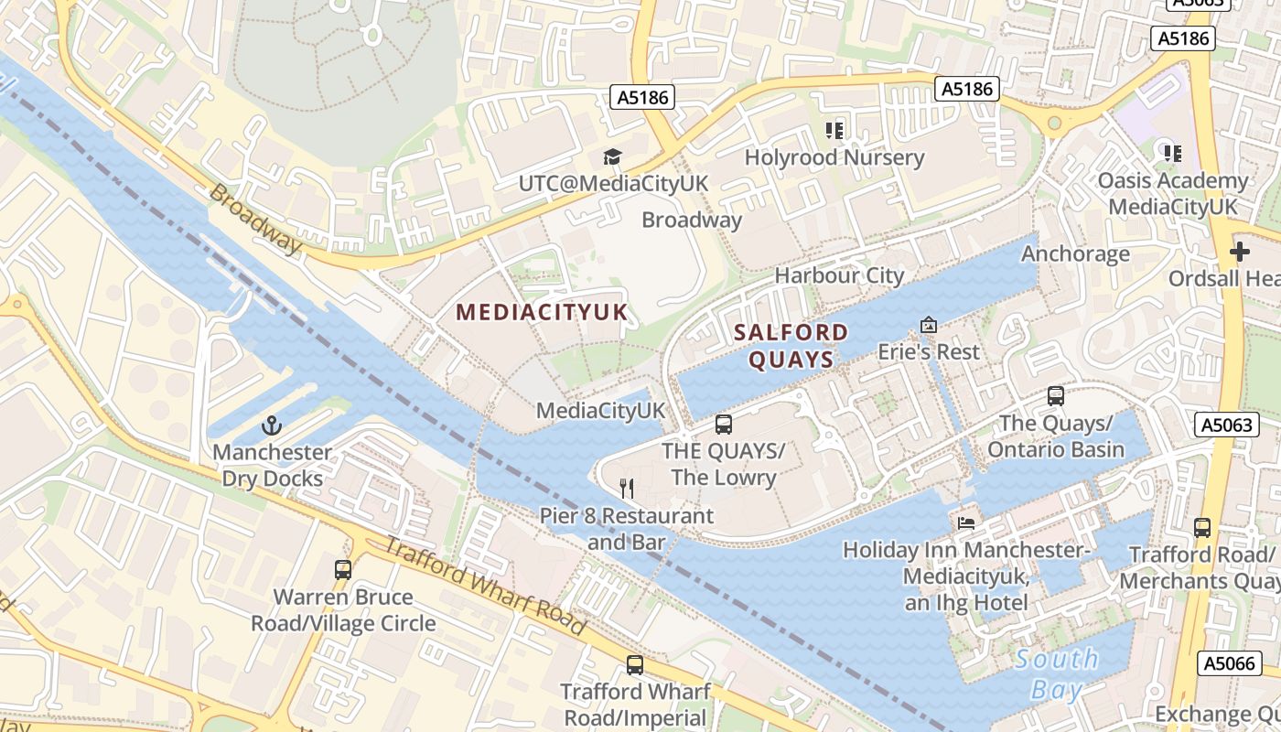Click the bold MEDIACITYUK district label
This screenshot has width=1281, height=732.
click(543, 312)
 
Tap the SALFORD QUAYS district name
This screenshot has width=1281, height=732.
click(791, 345)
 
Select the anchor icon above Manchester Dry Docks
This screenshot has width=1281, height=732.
click(272, 425)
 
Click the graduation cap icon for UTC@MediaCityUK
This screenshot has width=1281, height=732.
click(612, 157)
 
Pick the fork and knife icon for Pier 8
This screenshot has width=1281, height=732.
click(627, 489)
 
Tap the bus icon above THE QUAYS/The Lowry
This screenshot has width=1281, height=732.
click(724, 425)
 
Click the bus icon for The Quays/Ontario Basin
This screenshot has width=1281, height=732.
click(1055, 396)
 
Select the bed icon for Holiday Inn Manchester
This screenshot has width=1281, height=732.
click(966, 523)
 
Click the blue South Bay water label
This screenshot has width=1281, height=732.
click(1057, 673)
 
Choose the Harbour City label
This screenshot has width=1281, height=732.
click(839, 275)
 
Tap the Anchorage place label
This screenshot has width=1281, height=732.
click(1075, 253)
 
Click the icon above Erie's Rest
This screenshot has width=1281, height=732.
click(928, 325)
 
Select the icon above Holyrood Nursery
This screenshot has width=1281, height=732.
click(834, 131)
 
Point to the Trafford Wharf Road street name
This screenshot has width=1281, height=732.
click(483, 586)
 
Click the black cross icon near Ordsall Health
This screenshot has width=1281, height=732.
click(1240, 251)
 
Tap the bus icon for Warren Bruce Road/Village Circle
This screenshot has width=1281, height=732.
click(343, 570)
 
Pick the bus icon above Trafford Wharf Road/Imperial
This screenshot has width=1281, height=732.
click(634, 665)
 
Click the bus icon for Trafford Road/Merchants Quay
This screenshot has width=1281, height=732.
click(1202, 528)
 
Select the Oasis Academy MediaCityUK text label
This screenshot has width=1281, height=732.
click(1173, 193)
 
